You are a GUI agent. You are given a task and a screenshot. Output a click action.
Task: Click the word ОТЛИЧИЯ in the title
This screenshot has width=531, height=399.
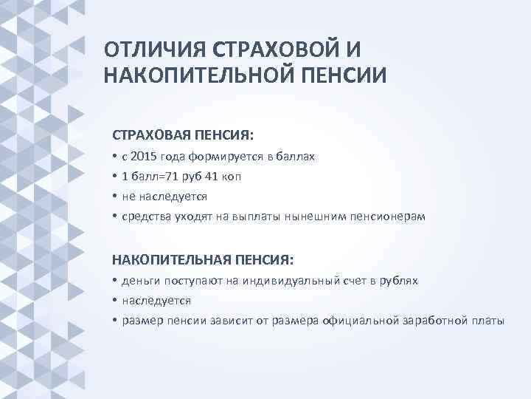click(153, 50)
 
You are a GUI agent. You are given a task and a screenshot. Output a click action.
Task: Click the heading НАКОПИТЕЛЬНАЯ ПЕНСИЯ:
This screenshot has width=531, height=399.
click(202, 260)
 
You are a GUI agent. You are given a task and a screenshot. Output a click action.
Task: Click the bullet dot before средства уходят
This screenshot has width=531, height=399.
click(115, 216)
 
